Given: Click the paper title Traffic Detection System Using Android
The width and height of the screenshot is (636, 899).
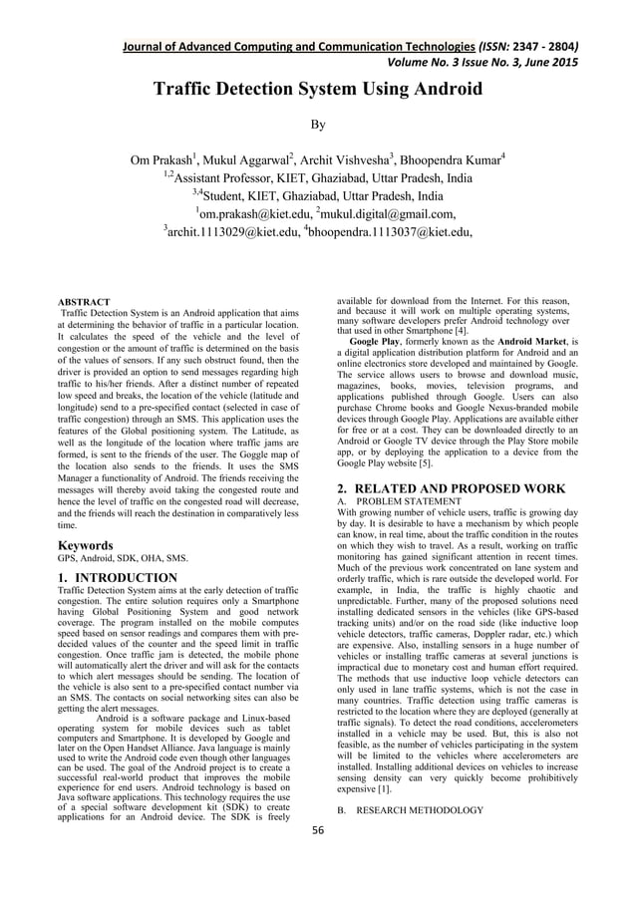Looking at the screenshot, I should pyautogui.click(x=317, y=91).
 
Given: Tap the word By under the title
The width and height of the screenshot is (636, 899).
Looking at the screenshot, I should pyautogui.click(x=317, y=127).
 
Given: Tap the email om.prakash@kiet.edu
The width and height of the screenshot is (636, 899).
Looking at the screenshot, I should pyautogui.click(x=253, y=212).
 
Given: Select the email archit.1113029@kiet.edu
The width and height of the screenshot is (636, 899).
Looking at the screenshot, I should pyautogui.click(x=229, y=234).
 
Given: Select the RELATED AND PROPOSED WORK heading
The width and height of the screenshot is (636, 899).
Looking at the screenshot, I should pyautogui.click(x=462, y=488).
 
